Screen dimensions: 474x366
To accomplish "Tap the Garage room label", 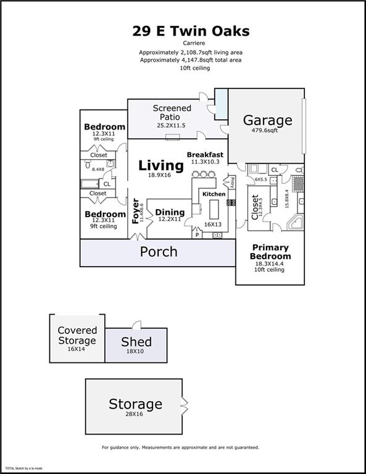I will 267,120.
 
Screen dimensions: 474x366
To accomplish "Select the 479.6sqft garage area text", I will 267,131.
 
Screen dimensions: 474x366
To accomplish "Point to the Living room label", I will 160,165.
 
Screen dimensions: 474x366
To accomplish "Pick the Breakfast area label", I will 205,154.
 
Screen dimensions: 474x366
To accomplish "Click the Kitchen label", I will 214,194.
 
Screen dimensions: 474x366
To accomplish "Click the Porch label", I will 159,252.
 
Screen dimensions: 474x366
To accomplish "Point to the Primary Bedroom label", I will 270,252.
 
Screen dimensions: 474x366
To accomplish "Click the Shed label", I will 136,342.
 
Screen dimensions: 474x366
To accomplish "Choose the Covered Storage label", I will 77,336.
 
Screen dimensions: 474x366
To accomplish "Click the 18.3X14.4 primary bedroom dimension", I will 270,263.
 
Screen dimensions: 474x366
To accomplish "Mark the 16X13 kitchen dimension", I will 212,225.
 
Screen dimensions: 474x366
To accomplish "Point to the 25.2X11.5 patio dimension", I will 172,126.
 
